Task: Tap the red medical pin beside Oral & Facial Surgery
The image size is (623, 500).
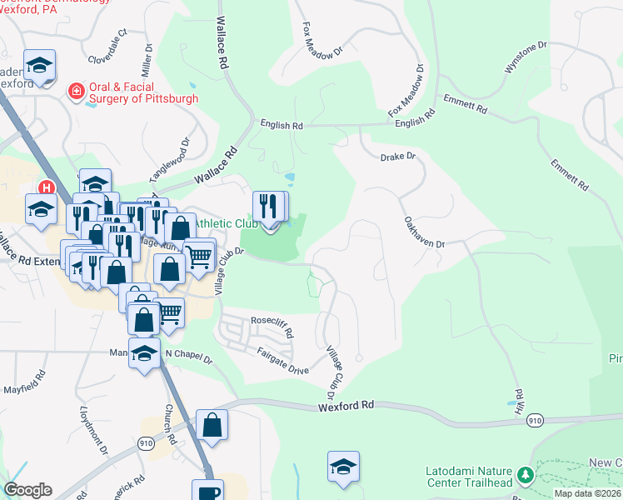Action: point(77,90)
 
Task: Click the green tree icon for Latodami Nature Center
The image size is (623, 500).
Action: point(525,475)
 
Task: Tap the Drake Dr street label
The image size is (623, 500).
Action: point(397,157)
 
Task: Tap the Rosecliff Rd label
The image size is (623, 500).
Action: point(273,327)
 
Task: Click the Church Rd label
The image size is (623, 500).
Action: point(169,425)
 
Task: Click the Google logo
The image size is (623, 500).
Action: point(27,490)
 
